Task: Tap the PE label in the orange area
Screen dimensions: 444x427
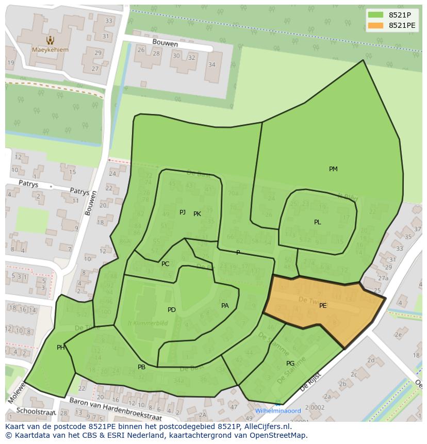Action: (x=323, y=306)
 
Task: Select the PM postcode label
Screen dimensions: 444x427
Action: (x=333, y=169)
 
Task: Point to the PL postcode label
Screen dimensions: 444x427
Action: (x=318, y=222)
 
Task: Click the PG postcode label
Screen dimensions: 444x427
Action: (x=290, y=364)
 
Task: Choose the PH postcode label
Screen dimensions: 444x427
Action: (x=61, y=348)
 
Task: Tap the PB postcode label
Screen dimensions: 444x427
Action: (x=141, y=367)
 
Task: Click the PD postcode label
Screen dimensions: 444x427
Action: (x=172, y=310)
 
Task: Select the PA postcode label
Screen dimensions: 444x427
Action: (x=225, y=306)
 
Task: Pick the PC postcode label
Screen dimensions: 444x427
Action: (x=165, y=264)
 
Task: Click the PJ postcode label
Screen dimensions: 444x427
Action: (x=183, y=212)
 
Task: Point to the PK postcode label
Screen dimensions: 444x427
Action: (x=197, y=214)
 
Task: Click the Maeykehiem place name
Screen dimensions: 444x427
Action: (x=50, y=50)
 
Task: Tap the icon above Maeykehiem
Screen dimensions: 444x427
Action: (x=50, y=40)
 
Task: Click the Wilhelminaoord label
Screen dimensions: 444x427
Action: (x=278, y=411)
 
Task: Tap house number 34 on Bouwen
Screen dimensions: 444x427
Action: (x=212, y=64)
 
